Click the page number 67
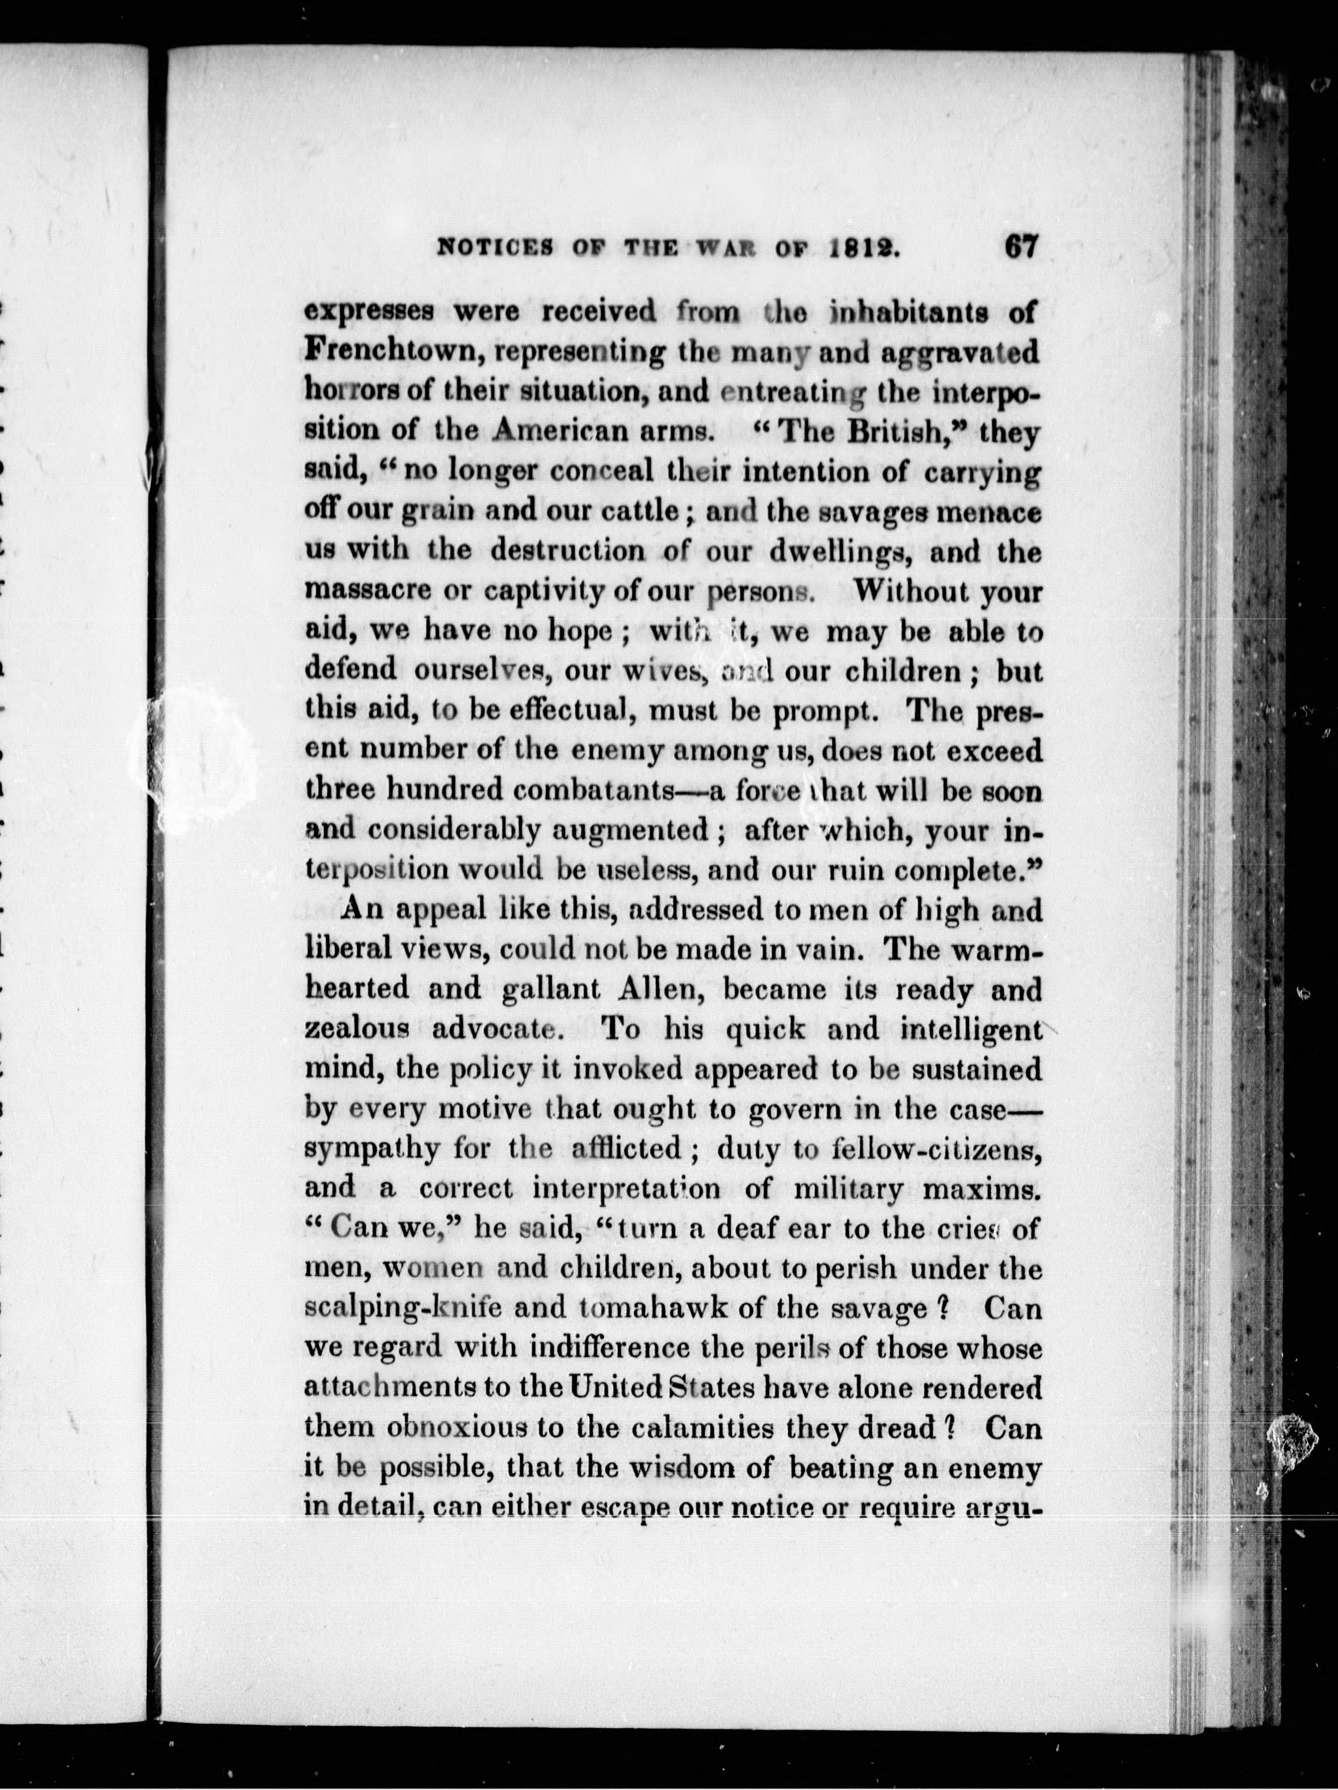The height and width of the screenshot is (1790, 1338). coord(1020,247)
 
